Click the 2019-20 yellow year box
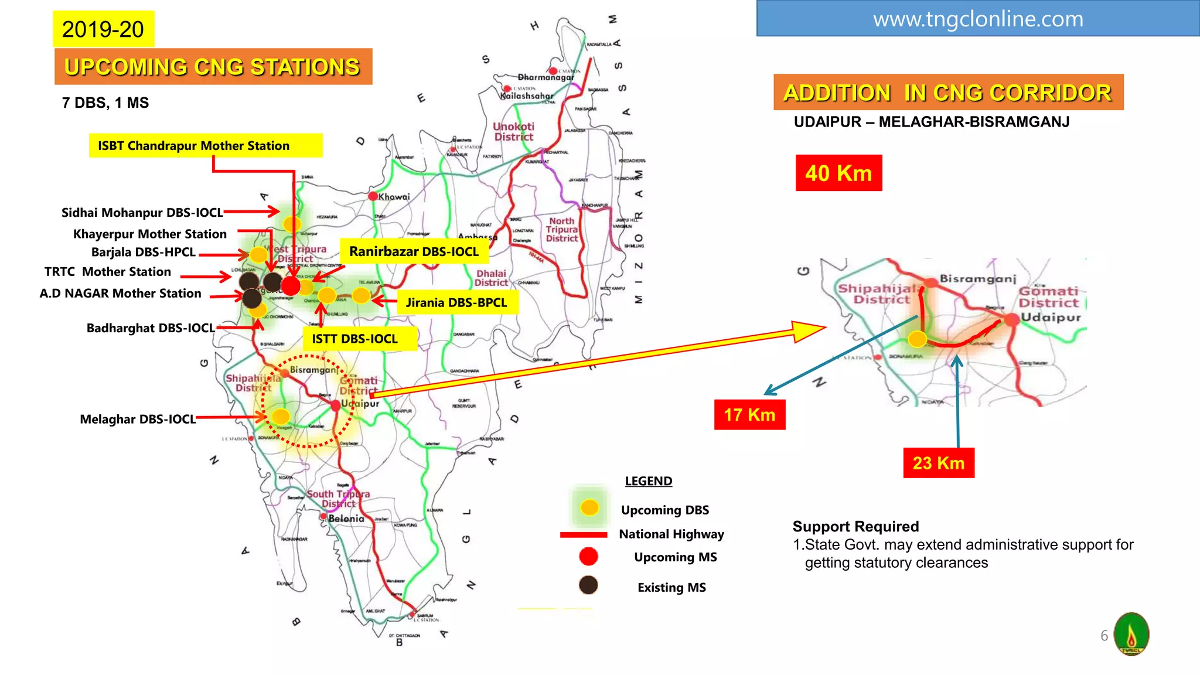coord(103,29)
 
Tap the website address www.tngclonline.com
coord(977,19)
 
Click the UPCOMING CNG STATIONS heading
coord(213,67)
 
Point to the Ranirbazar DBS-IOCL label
coord(414,251)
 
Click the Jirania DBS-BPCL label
coord(456,302)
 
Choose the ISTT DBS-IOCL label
coord(355,339)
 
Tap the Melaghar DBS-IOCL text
coord(138,419)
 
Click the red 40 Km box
coord(838,173)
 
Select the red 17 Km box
coord(749,415)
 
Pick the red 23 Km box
coord(938,463)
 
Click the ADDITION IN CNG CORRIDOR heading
coord(947,93)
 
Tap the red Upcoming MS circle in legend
coord(588,557)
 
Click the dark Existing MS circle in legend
coord(588,585)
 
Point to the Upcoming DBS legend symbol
coord(589,507)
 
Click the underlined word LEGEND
coord(648,481)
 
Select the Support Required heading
coord(855,526)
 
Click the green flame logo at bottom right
coord(1131,633)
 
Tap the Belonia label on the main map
coord(346,519)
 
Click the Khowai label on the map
coord(394,197)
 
